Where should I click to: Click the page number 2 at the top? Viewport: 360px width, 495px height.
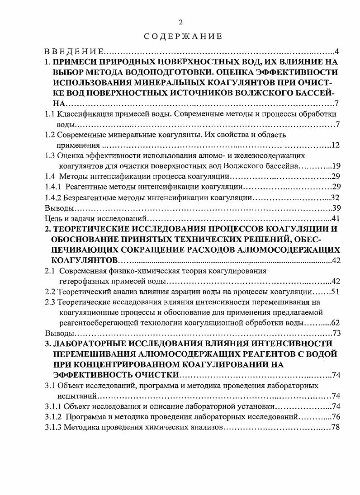[x=180, y=22]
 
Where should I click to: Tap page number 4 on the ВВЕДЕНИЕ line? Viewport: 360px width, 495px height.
[x=336, y=51]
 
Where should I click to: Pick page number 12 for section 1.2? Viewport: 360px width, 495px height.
[x=335, y=145]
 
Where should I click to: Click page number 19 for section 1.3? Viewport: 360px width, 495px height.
[x=335, y=166]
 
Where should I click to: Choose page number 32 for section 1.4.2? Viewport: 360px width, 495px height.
[x=335, y=198]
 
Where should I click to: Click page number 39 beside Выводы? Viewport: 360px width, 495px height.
[x=335, y=208]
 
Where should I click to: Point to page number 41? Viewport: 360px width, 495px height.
[x=335, y=219]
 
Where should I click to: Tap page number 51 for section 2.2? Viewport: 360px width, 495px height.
[x=335, y=292]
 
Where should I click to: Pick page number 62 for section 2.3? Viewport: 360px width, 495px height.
[x=335, y=323]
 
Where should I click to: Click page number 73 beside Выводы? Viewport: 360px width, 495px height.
[x=335, y=333]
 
